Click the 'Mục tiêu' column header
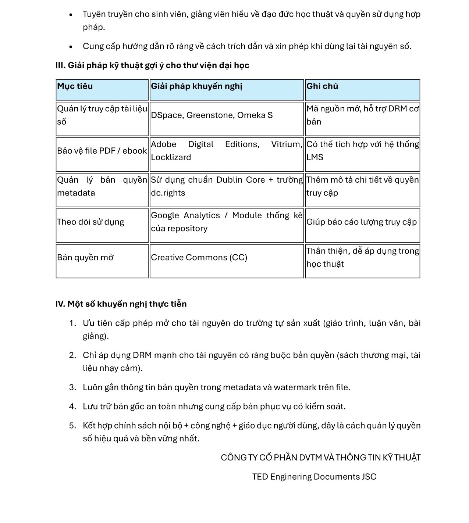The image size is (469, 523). (x=75, y=86)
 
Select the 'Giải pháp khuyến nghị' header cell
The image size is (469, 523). (x=196, y=86)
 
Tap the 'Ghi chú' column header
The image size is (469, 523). (x=322, y=86)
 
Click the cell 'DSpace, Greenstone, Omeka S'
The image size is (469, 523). (x=212, y=115)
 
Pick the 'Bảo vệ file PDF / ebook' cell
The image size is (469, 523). (x=102, y=151)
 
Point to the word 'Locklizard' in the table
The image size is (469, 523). (x=171, y=157)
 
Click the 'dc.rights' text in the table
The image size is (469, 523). (x=168, y=193)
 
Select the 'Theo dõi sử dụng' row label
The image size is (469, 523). (x=90, y=222)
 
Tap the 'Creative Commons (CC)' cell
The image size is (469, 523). (x=199, y=258)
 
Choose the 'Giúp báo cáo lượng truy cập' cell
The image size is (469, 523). (x=361, y=222)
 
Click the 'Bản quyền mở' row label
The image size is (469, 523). (x=85, y=258)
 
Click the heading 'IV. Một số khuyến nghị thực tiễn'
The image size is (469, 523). (x=121, y=304)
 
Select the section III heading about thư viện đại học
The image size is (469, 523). (x=152, y=65)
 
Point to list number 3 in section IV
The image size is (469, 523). (x=72, y=387)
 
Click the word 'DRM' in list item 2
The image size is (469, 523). (x=142, y=355)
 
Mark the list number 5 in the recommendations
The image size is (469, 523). (x=72, y=426)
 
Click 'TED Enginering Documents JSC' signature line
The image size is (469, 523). (x=314, y=477)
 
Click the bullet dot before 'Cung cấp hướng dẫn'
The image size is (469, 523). (x=71, y=47)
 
